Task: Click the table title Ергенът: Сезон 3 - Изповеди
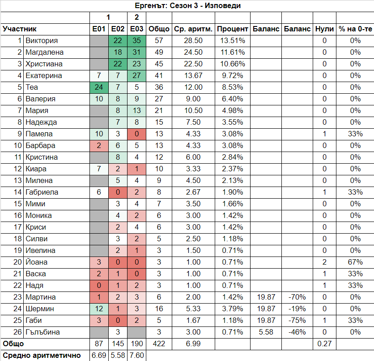click(x=187, y=5)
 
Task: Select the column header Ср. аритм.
click(x=193, y=29)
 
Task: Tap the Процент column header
click(x=233, y=29)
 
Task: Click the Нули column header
click(x=324, y=29)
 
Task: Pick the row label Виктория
click(x=42, y=41)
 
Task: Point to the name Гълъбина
click(x=43, y=332)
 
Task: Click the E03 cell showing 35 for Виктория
click(x=137, y=41)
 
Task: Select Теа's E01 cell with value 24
click(x=99, y=87)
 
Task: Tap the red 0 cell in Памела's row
click(x=137, y=134)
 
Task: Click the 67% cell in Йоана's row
click(x=355, y=262)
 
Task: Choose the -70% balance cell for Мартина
click(x=297, y=297)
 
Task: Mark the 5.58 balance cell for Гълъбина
click(x=267, y=332)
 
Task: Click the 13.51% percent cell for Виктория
click(x=233, y=41)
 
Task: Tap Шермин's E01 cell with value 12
click(x=99, y=309)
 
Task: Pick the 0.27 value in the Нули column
click(x=324, y=344)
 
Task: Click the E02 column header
click(x=118, y=29)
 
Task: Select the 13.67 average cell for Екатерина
click(x=193, y=76)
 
